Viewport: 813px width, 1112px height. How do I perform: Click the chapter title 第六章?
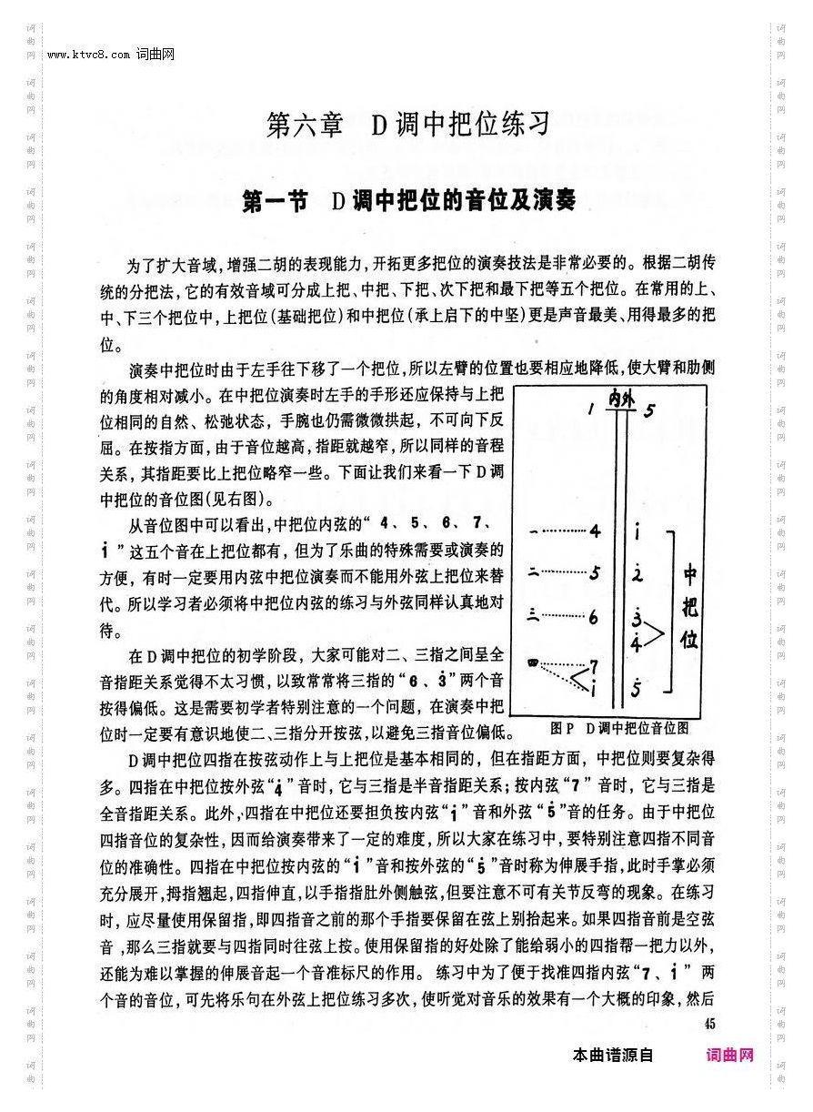(306, 124)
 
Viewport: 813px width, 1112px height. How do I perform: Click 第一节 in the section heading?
(276, 201)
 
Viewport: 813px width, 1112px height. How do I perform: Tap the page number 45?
(710, 1023)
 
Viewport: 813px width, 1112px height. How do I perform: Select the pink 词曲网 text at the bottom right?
(730, 1056)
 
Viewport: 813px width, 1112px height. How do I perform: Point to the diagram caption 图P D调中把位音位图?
(619, 728)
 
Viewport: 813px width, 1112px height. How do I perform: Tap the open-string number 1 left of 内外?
(591, 409)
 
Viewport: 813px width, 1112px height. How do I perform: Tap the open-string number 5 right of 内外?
(648, 409)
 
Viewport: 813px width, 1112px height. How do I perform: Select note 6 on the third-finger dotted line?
(593, 617)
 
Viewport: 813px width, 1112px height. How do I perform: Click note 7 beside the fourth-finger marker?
(594, 666)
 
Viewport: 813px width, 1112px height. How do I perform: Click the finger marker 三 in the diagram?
(532, 616)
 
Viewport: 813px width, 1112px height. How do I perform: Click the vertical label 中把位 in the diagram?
(689, 607)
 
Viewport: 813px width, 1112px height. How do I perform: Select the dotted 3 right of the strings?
(638, 617)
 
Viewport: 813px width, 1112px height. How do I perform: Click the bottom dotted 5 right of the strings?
(638, 688)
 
